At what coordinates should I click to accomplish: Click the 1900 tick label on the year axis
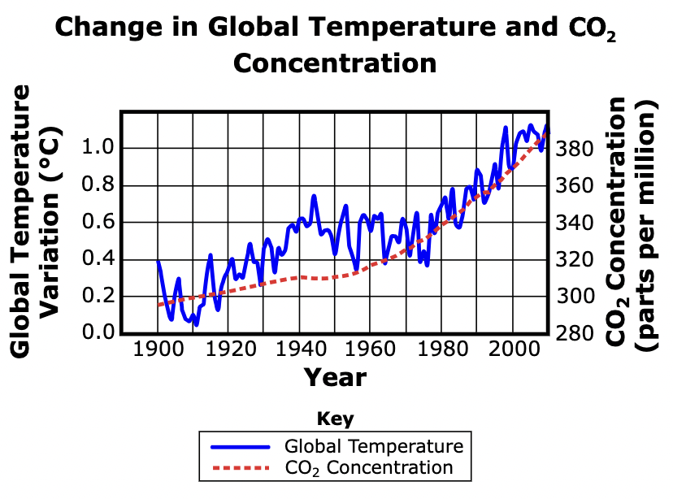pyautogui.click(x=158, y=350)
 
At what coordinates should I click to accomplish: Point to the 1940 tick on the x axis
pyautogui.click(x=299, y=350)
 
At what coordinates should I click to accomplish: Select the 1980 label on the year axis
pyautogui.click(x=442, y=350)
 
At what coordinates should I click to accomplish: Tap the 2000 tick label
pyautogui.click(x=513, y=350)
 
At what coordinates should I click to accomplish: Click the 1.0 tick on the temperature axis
pyautogui.click(x=98, y=149)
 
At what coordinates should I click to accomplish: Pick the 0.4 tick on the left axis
pyautogui.click(x=98, y=260)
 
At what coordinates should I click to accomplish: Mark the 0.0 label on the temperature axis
pyautogui.click(x=98, y=333)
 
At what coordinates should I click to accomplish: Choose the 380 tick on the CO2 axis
pyautogui.click(x=574, y=149)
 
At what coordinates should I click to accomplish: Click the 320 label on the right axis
pyautogui.click(x=574, y=260)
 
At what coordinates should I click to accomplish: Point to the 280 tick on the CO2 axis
pyautogui.click(x=574, y=333)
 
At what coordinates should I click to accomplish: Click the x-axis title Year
pyautogui.click(x=335, y=378)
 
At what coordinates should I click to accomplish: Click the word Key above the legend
pyautogui.click(x=335, y=419)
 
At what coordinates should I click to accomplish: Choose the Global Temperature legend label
pyautogui.click(x=374, y=446)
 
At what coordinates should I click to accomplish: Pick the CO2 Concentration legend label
pyautogui.click(x=369, y=467)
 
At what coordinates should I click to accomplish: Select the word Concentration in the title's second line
pyautogui.click(x=335, y=63)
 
